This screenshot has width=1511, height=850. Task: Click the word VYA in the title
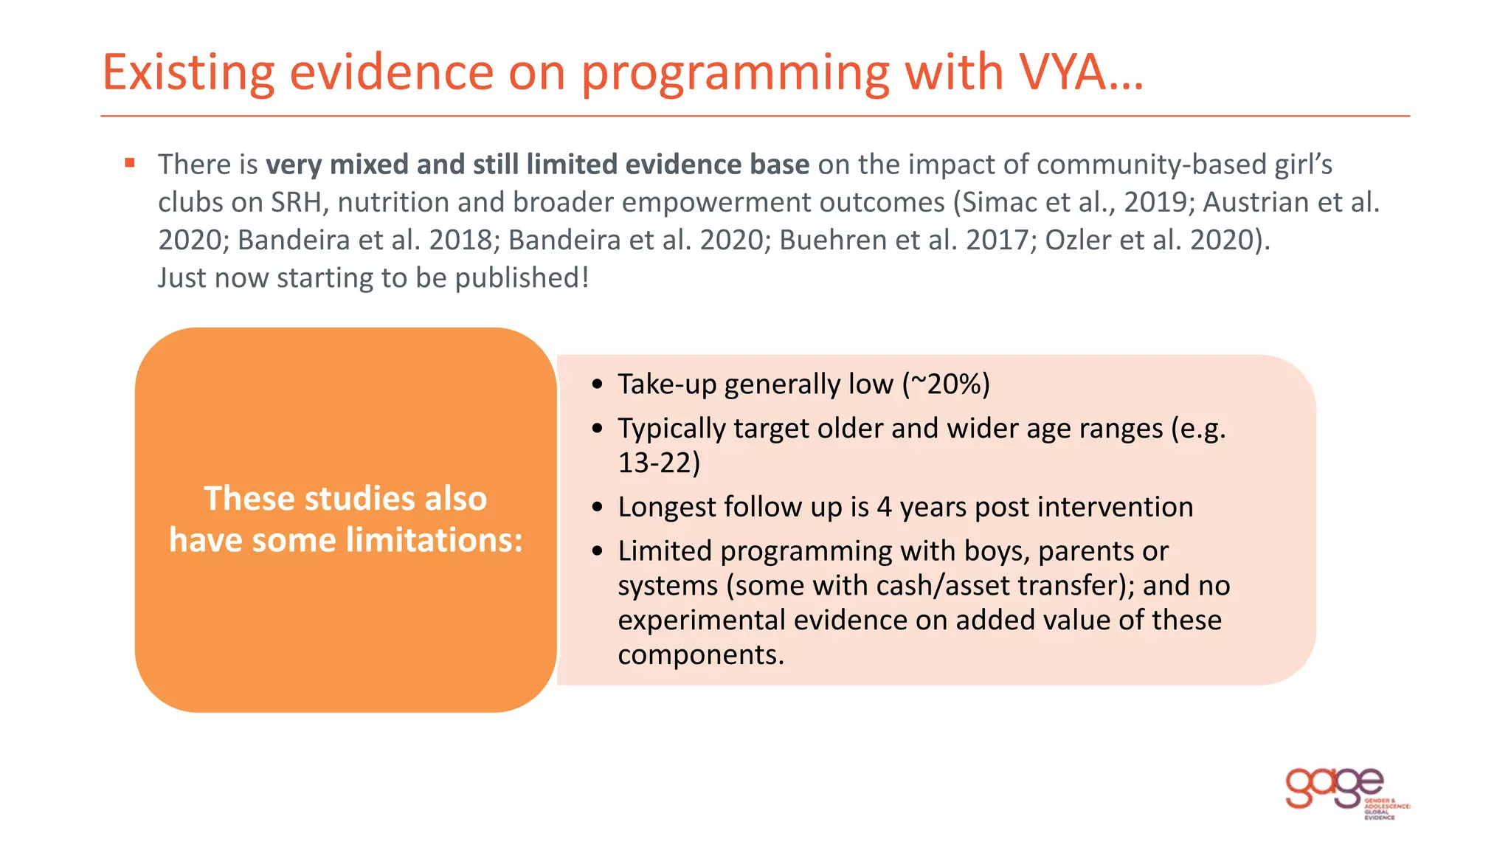coord(1062,73)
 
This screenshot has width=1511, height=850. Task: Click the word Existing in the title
coord(188,73)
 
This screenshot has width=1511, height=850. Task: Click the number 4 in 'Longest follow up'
coord(884,507)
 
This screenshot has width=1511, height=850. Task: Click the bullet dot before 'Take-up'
coord(598,384)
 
